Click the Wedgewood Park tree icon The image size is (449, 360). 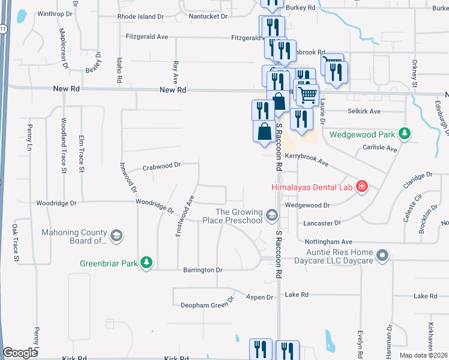pos(406,133)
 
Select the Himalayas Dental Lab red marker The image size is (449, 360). pos(361,187)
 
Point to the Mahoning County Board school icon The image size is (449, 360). pos(116,235)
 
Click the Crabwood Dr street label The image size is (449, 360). pos(161,166)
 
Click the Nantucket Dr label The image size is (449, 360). pos(208,17)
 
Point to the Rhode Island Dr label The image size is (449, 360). pos(140,17)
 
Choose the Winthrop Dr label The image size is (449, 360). pos(55,13)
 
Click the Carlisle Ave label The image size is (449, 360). pos(379,148)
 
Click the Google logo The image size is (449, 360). pos(20,353)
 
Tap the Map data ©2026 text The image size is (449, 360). pos(424,355)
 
